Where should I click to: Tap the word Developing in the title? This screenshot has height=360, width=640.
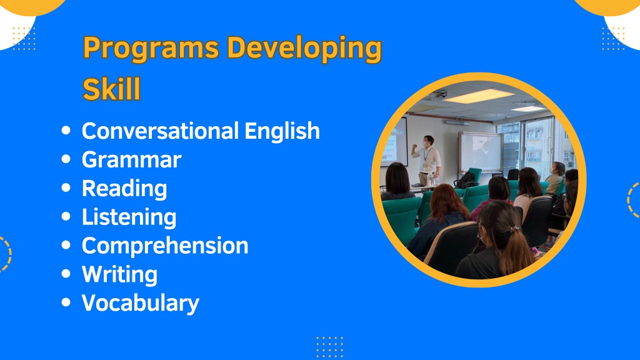point(304,49)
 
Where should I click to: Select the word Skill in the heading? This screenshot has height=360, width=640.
point(111,89)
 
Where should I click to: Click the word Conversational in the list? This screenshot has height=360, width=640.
point(160,131)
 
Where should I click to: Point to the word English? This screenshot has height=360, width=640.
point(282,131)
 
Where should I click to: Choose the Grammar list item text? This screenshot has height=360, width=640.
point(131,159)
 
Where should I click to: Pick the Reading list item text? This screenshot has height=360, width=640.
point(124,189)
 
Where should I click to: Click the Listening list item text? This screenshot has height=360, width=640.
point(129,217)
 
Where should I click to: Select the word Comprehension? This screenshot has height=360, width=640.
point(165,246)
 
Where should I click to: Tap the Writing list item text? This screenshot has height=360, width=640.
point(119,274)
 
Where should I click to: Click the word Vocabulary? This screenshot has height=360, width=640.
point(141,303)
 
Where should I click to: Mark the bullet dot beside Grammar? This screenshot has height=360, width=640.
point(66,159)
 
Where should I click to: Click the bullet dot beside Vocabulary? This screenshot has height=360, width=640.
point(66,302)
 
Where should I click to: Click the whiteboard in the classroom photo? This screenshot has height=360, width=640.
point(480,152)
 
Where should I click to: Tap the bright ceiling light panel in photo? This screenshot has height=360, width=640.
point(478,96)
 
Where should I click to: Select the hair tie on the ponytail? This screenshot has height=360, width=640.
point(514,230)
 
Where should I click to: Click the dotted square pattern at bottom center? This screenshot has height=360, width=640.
point(329,347)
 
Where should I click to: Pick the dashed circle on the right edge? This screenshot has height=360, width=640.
point(634,199)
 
